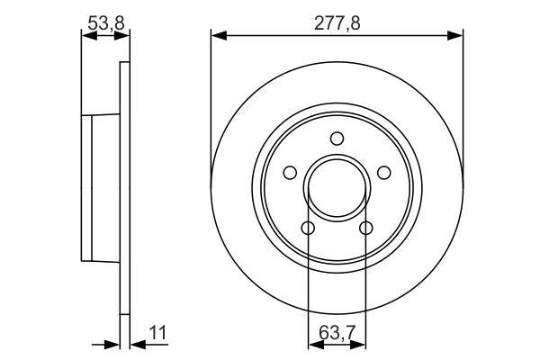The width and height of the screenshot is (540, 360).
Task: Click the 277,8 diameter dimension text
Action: click(x=337, y=23)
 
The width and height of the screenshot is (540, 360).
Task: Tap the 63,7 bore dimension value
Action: click(x=337, y=335)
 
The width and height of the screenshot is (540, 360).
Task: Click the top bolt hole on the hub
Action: click(x=337, y=139)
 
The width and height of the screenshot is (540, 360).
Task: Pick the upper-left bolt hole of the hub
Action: click(x=290, y=173)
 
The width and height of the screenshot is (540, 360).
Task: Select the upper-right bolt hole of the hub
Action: click(x=383, y=173)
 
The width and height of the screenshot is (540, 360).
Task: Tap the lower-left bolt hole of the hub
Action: click(x=308, y=228)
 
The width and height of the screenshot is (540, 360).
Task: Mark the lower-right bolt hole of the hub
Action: click(x=365, y=228)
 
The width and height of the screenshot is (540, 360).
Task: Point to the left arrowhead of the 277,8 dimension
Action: click(x=216, y=36)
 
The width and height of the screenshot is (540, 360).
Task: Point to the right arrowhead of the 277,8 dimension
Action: click(x=458, y=36)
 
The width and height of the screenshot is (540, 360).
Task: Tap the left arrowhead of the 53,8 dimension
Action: click(x=86, y=36)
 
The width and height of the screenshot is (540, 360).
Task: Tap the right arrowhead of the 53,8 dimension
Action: click(x=124, y=36)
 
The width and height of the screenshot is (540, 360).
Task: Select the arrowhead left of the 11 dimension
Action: click(x=114, y=343)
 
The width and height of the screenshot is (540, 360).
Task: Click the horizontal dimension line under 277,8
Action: click(x=270, y=36)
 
